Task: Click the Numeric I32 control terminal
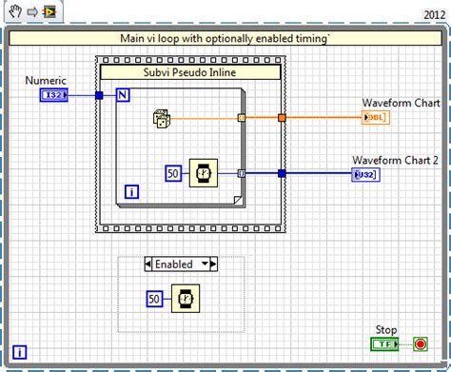53,95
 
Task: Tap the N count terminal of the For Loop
123,95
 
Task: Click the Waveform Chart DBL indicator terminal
376,118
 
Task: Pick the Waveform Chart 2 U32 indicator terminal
364,173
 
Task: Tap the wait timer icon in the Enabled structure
186,299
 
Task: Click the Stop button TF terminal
384,343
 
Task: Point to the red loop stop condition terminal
420,343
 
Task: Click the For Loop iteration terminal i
131,191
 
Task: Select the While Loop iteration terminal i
20,352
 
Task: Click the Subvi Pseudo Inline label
190,71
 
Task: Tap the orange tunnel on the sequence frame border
282,118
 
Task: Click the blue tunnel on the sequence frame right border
282,173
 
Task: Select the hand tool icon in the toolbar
12,13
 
